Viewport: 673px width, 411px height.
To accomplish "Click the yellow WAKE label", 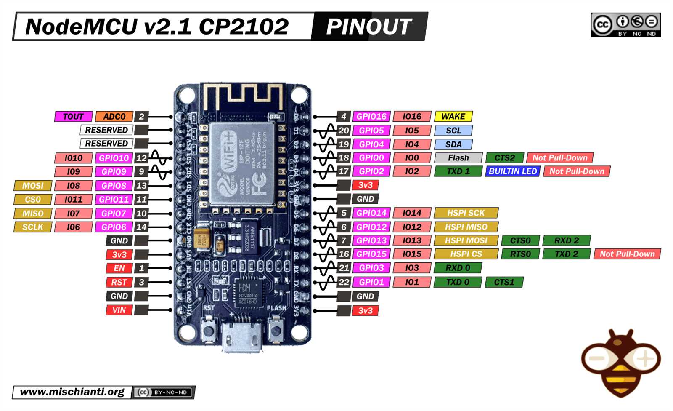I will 453,116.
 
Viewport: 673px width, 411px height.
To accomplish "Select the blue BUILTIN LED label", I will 512,171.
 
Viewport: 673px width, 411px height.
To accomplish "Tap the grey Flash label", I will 458,157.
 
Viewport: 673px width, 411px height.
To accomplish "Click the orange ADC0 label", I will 114,117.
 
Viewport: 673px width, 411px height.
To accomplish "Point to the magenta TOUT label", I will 73,117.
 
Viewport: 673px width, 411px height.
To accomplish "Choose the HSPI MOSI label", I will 466,240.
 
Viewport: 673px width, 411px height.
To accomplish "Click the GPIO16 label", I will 371,116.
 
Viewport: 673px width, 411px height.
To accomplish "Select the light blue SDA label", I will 453,144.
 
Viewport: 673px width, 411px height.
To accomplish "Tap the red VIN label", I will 119,310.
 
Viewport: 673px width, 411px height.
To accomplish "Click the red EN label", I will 119,268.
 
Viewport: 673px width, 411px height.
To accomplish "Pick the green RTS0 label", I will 520,254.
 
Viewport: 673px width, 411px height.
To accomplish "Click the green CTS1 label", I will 504,282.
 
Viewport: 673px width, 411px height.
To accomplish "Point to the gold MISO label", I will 33,214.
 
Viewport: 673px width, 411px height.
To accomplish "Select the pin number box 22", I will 344,282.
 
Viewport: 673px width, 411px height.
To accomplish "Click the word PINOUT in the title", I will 368,27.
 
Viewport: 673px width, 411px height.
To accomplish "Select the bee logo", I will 621,362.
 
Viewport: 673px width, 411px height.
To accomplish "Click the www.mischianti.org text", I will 72,392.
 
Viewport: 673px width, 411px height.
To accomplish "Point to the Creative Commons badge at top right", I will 625,25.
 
